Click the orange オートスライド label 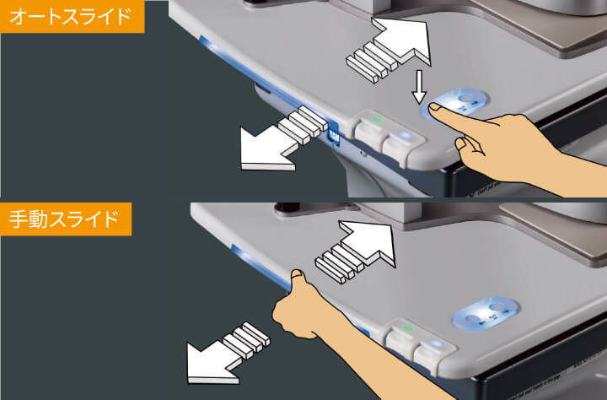tap(72, 16)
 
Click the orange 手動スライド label tap(66, 219)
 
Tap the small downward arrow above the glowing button tap(419, 87)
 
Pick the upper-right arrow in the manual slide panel tap(356, 252)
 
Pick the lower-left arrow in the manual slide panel tap(228, 353)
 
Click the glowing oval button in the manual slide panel tap(485, 314)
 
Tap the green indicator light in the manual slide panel tap(407, 328)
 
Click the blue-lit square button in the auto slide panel tap(405, 136)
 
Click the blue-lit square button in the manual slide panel tap(437, 343)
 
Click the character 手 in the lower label tap(18, 219)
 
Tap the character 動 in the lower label tap(38, 219)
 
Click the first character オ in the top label tap(18, 17)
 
